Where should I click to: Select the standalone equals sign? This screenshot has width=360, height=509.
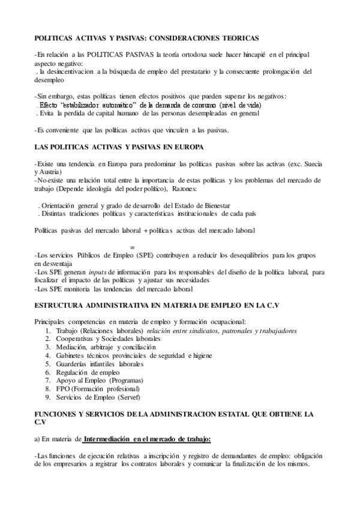(x=132, y=247)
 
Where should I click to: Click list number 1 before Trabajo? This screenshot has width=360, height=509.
(x=48, y=331)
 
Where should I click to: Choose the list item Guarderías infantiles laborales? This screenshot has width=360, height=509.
(x=99, y=364)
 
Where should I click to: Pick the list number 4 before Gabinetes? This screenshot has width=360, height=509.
(x=48, y=356)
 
